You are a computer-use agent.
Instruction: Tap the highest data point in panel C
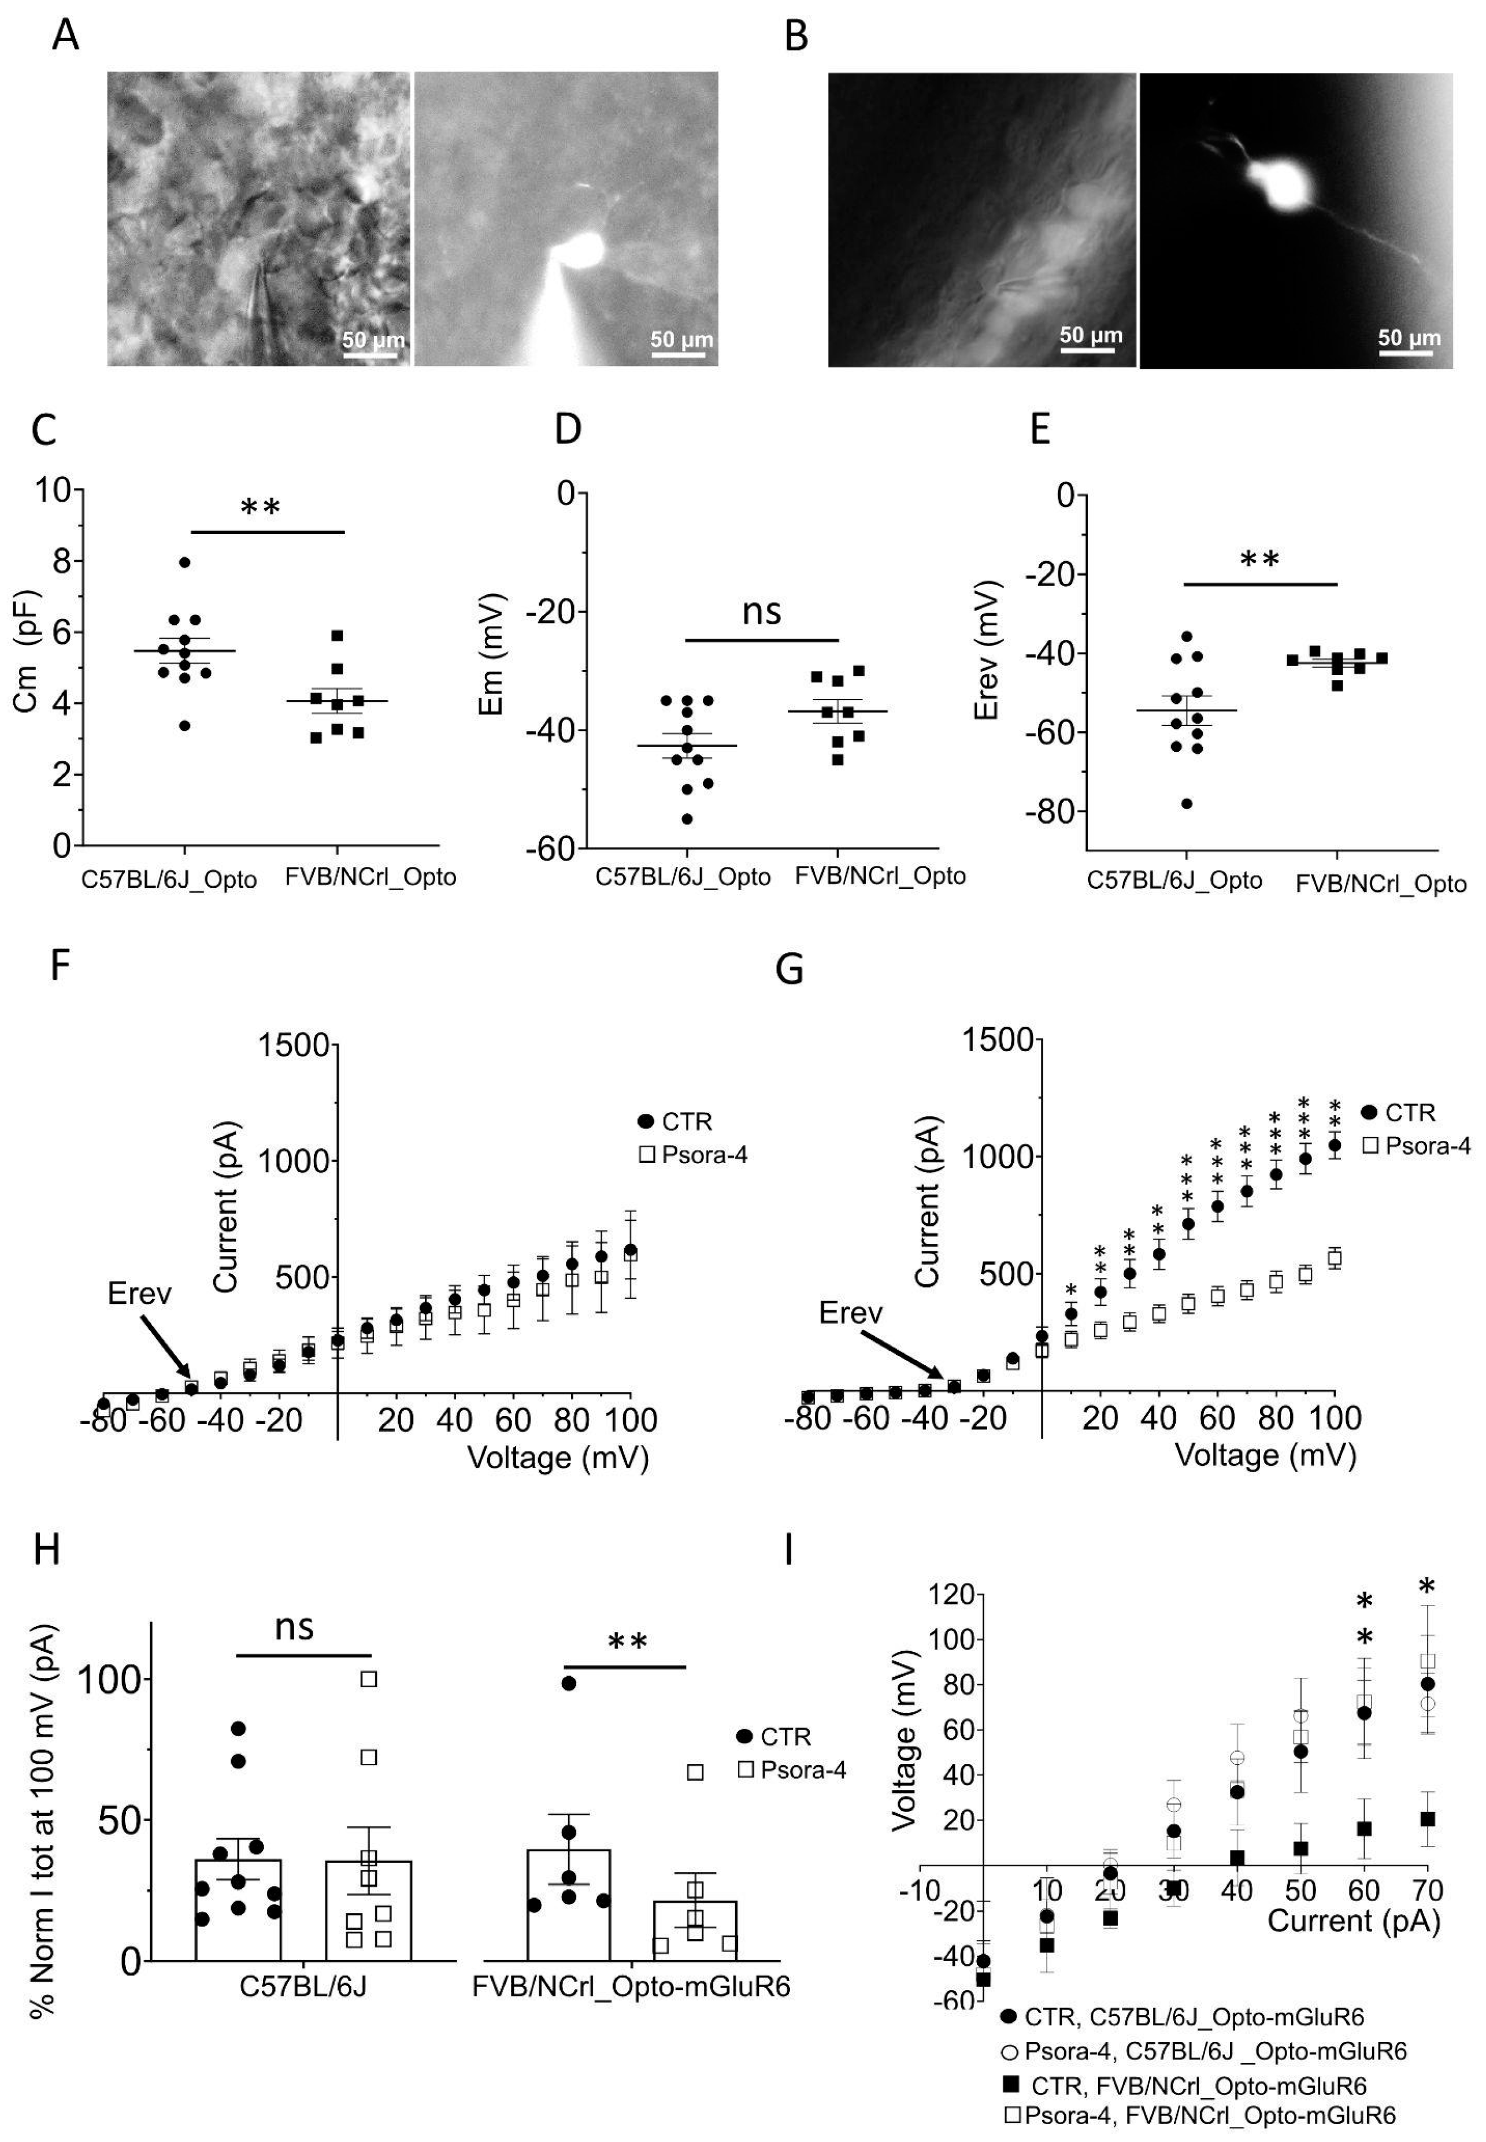(184, 562)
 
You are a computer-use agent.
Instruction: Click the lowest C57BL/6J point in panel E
(1186, 803)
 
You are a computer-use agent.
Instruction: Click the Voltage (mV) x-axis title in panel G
(1265, 1455)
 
